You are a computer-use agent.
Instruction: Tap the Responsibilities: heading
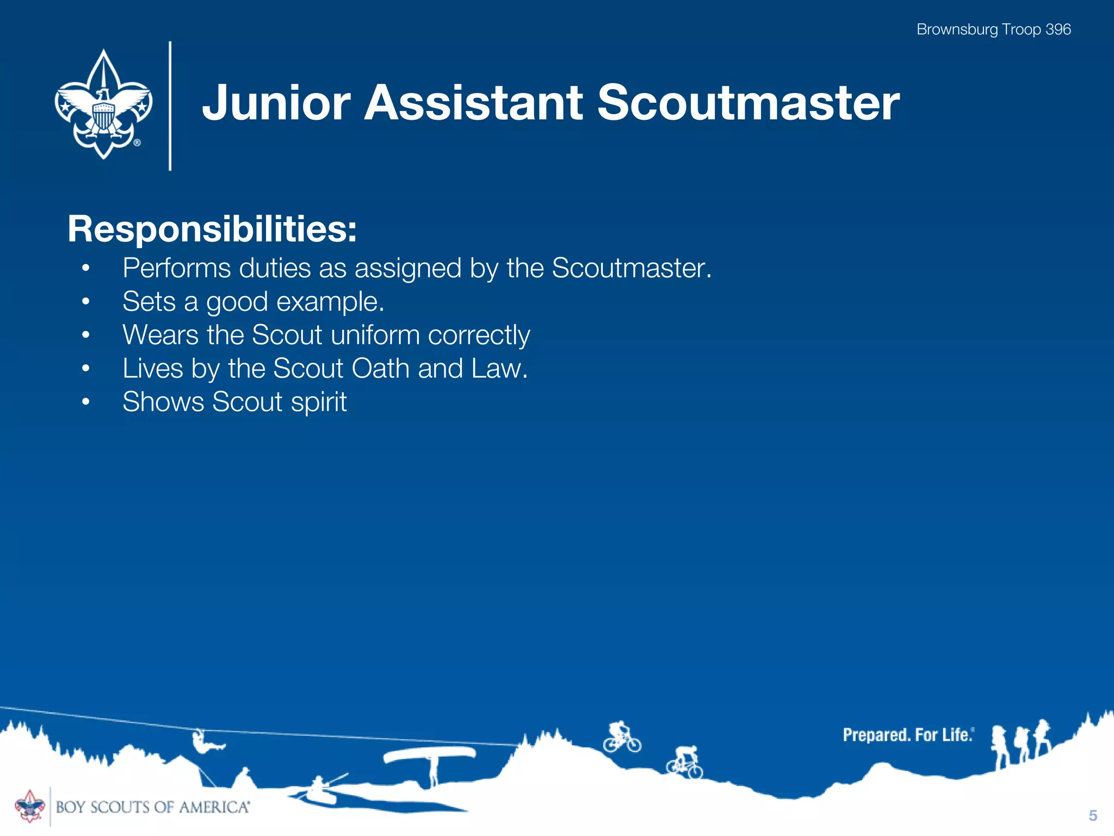212,229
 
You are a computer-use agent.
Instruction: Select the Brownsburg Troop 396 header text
993,29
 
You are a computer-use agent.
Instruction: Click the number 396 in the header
1058,29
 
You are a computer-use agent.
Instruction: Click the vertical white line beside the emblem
170,106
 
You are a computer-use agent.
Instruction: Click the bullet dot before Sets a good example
85,302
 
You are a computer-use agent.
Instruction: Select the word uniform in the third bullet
375,335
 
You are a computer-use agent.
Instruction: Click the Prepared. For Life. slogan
907,735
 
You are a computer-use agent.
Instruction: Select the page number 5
1093,815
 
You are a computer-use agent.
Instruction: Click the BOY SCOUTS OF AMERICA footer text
152,807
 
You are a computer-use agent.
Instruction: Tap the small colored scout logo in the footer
29,806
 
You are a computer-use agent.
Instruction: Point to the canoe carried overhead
429,755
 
